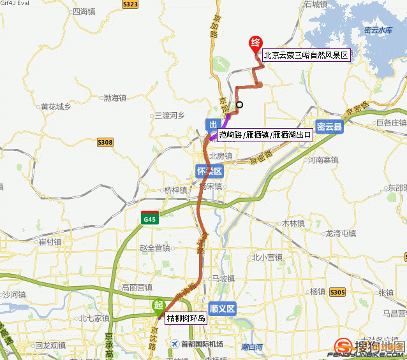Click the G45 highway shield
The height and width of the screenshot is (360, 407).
pos(150,219)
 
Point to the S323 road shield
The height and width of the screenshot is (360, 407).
pos(130,4)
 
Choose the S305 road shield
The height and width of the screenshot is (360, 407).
pos(337,292)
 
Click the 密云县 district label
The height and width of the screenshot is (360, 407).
pos(330,127)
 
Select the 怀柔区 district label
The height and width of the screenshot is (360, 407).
pos(209,171)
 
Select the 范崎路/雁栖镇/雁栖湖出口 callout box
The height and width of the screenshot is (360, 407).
pos(265,134)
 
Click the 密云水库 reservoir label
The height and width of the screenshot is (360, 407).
pos(376,30)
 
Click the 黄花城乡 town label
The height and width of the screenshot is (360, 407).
pos(56,107)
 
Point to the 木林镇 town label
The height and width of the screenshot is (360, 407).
pos(295,223)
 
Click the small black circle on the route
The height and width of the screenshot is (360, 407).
pos(240,105)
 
